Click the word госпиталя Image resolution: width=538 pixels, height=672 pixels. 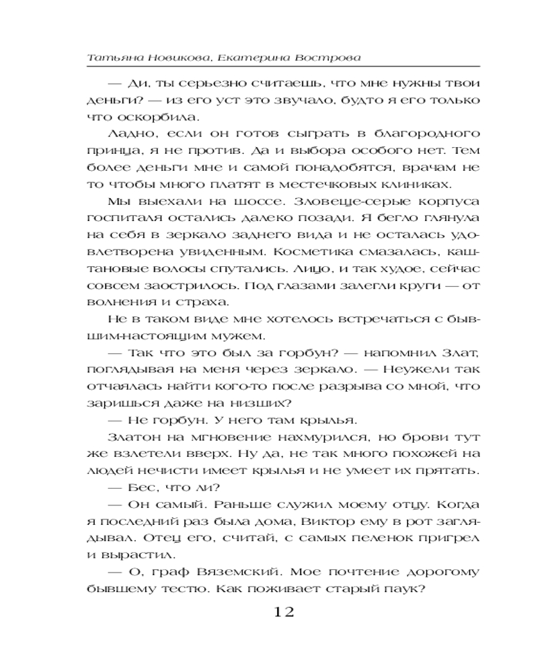[x=117, y=217]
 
